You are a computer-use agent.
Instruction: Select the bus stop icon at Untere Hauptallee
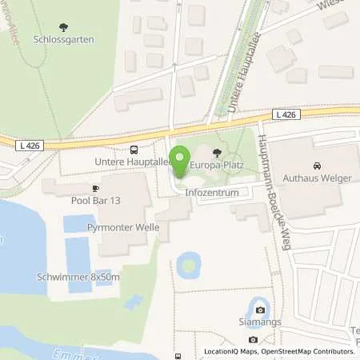[x=134, y=149]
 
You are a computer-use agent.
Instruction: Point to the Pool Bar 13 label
[x=94, y=201]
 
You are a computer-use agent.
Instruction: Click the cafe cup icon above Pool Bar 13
[x=95, y=189]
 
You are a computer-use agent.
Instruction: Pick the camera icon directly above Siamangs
[x=259, y=311]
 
